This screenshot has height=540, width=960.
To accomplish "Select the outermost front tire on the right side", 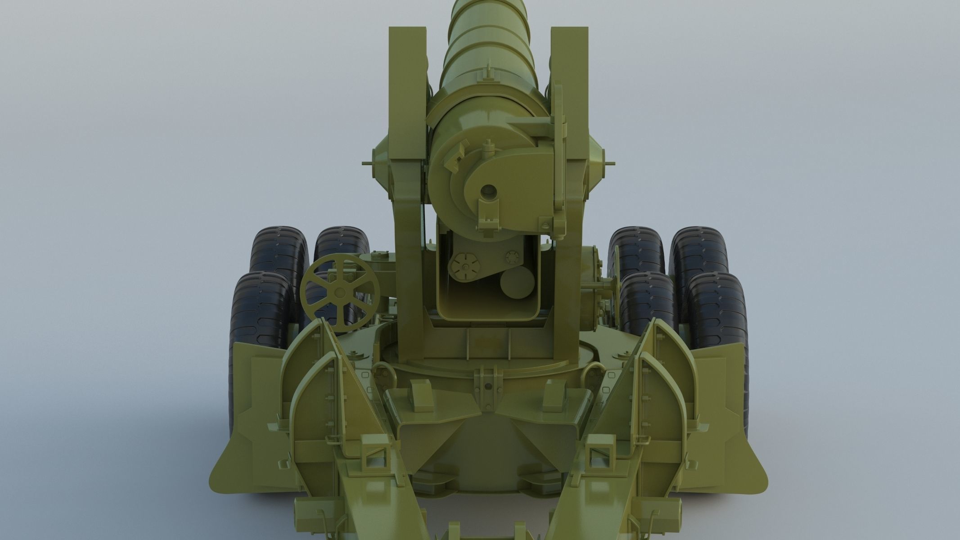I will coord(716,315).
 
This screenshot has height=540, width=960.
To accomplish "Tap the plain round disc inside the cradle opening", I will coord(518,284).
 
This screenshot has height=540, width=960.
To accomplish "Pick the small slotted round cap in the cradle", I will coord(513,257).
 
